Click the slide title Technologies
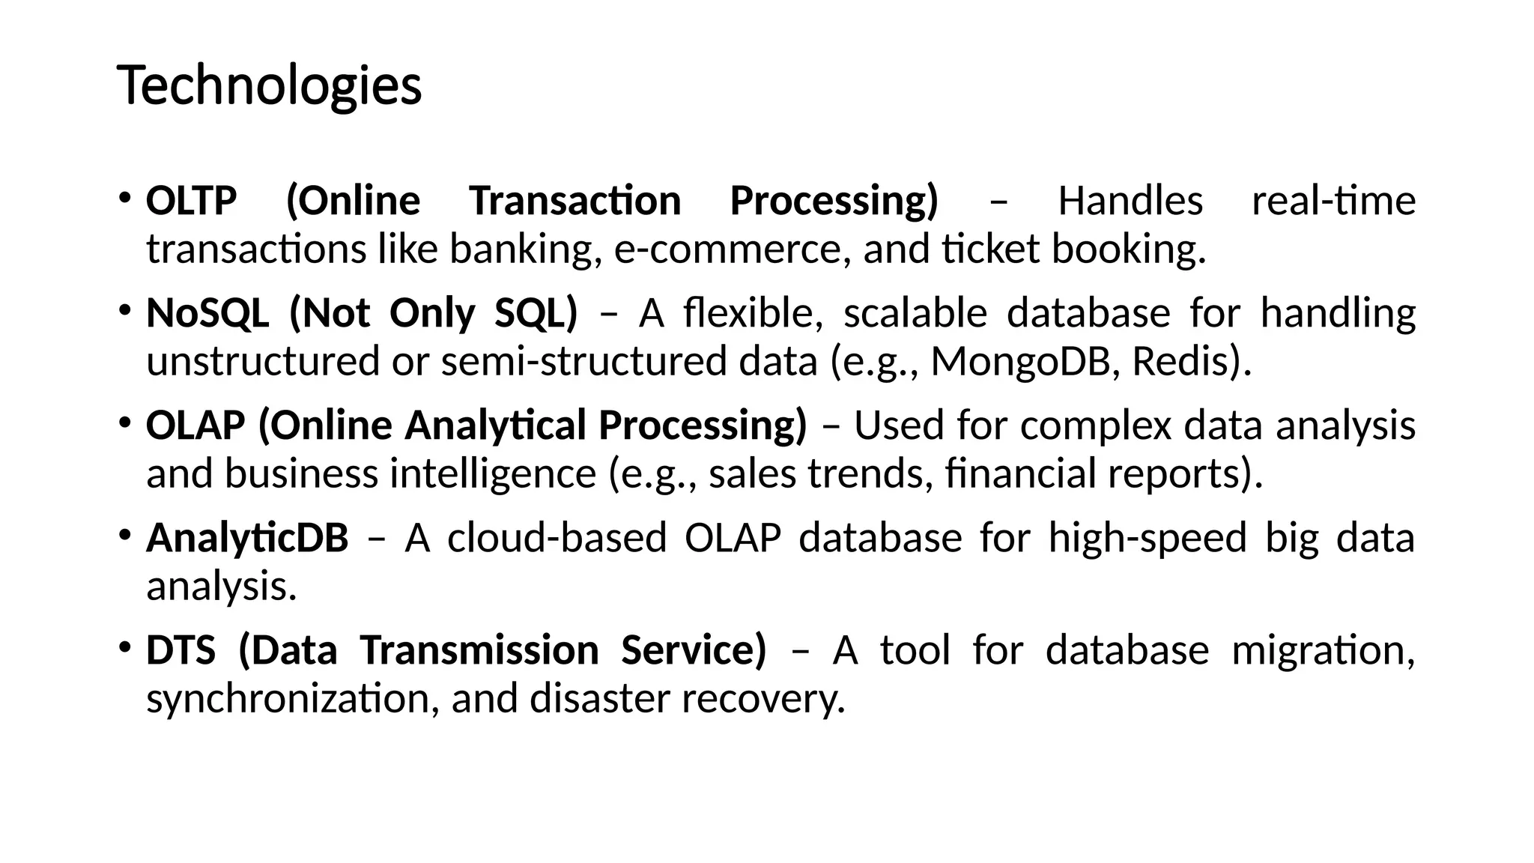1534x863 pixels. tap(270, 86)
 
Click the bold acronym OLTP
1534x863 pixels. tap(191, 201)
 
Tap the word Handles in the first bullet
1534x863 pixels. tap(1130, 201)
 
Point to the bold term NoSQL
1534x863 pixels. tap(207, 313)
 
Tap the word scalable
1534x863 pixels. tap(915, 313)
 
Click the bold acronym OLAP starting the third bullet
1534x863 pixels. tap(195, 426)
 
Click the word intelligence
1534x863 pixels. tap(492, 474)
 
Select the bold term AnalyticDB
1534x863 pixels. tap(247, 538)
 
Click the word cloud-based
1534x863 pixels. tap(557, 538)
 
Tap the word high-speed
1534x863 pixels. tap(1147, 538)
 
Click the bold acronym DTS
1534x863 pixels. tap(181, 650)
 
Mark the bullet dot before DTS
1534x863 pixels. tap(124, 646)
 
